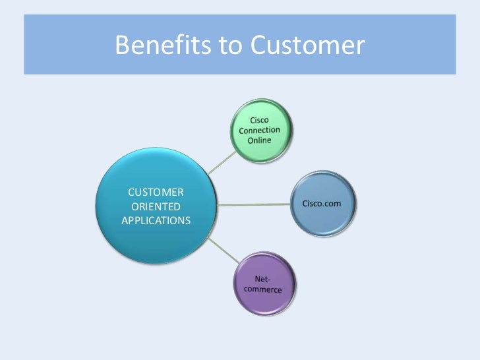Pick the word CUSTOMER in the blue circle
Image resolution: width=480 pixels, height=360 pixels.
pyautogui.click(x=156, y=192)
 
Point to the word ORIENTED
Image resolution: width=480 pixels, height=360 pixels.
pyautogui.click(x=156, y=206)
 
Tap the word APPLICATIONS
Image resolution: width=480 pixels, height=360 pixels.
pyautogui.click(x=156, y=220)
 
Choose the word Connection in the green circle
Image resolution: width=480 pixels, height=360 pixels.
pyautogui.click(x=259, y=130)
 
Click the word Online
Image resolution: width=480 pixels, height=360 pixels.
pyautogui.click(x=259, y=141)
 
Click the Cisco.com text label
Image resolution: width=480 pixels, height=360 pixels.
pyautogui.click(x=322, y=203)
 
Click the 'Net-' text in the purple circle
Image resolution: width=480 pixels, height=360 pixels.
pyautogui.click(x=265, y=280)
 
